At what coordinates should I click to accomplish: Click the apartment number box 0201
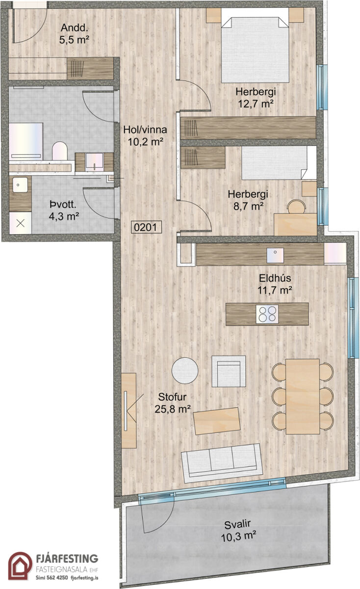coord(146,227)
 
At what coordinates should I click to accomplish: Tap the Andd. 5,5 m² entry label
coord(74,34)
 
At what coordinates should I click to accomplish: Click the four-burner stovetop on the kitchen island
coord(267,314)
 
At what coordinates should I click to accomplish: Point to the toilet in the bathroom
coord(60,151)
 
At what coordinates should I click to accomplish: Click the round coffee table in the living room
coord(185,371)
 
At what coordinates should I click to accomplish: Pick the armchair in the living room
coord(229,371)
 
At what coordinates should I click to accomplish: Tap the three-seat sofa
coord(222,463)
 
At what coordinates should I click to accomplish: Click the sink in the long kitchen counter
coord(275,255)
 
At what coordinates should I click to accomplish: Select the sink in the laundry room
coord(20,185)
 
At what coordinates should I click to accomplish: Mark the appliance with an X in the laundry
coord(21,223)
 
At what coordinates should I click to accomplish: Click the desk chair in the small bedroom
coord(296,207)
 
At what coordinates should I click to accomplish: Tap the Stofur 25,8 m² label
coord(172,403)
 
